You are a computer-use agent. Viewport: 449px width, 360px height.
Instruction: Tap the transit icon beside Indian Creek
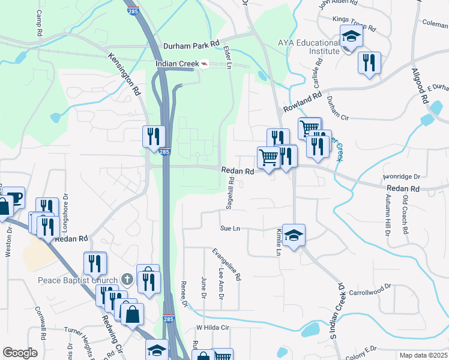click(x=205, y=64)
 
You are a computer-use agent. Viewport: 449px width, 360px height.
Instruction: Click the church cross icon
click(x=126, y=279)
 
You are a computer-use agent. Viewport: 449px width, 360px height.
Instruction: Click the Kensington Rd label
click(x=124, y=74)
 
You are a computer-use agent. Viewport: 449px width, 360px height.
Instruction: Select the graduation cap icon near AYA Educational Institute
click(x=351, y=37)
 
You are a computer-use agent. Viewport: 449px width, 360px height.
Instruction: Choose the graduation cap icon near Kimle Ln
click(x=294, y=235)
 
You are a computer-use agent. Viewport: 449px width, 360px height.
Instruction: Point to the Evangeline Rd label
click(x=227, y=264)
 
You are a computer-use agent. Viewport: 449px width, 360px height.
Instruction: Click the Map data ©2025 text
click(x=424, y=355)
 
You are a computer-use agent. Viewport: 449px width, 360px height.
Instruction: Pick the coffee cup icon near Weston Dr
click(x=13, y=197)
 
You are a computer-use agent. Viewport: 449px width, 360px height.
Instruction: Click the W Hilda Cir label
click(x=214, y=328)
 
